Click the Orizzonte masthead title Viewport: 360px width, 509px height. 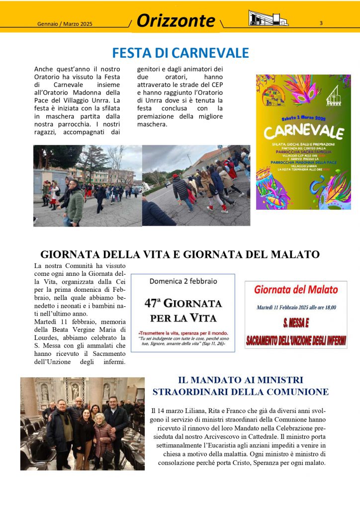(176, 21)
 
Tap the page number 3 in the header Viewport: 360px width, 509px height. (321, 23)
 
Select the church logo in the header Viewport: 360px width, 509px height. (268, 18)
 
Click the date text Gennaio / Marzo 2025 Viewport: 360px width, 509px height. (65, 24)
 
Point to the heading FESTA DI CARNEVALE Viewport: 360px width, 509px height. (180, 53)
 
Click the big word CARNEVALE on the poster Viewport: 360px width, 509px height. (303, 132)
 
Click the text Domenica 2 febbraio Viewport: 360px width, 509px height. (183, 281)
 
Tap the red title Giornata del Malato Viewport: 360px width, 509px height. (296, 289)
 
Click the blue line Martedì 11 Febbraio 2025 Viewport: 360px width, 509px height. (296, 308)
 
